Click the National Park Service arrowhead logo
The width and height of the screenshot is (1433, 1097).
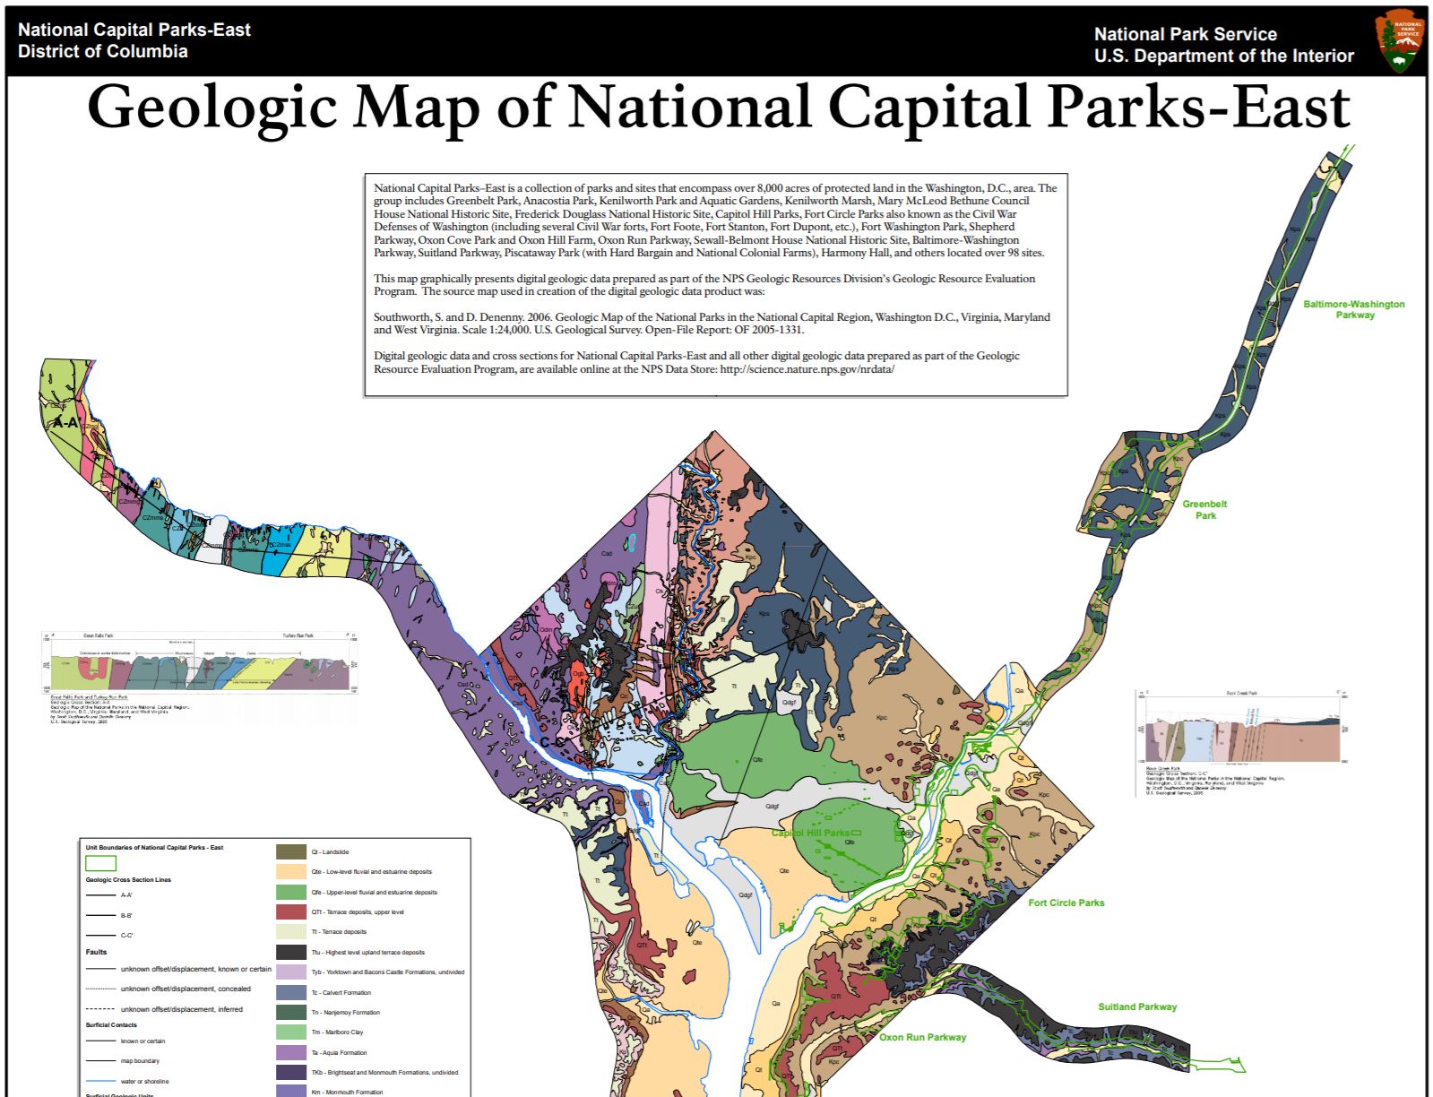point(1400,42)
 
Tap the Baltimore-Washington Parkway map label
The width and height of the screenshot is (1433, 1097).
point(1353,309)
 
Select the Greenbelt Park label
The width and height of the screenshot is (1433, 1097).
point(1204,509)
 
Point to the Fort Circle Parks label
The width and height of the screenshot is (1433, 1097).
point(1066,903)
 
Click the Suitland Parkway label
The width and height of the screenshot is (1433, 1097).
point(1136,1006)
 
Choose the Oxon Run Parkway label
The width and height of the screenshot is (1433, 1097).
point(922,1037)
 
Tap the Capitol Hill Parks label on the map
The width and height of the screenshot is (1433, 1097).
point(810,833)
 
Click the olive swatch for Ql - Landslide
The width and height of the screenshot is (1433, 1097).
point(291,851)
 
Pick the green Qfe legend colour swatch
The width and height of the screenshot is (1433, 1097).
point(291,892)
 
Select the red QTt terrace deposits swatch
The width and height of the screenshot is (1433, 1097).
point(291,911)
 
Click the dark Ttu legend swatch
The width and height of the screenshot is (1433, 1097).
point(291,952)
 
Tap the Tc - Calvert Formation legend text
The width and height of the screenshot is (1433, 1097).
point(341,992)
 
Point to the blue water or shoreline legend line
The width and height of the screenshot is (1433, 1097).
point(100,1081)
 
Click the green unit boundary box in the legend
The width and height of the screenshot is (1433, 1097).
point(100,864)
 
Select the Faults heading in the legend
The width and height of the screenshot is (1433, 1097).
point(96,952)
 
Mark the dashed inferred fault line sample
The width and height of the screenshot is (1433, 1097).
point(100,1009)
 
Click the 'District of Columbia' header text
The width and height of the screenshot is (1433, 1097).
point(102,51)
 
